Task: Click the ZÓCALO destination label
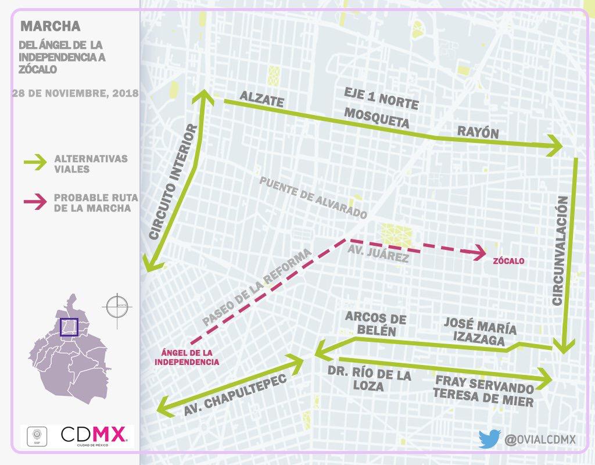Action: [508, 262]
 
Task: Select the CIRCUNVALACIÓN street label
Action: [558, 251]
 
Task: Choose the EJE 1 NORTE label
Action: [381, 98]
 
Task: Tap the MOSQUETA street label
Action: [377, 117]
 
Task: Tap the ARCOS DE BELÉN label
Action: [375, 324]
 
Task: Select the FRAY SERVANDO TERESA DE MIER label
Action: [483, 392]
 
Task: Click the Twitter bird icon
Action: [488, 439]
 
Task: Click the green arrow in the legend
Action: [34, 163]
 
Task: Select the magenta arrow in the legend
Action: [34, 202]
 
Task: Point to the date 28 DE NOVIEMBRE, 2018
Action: [75, 93]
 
